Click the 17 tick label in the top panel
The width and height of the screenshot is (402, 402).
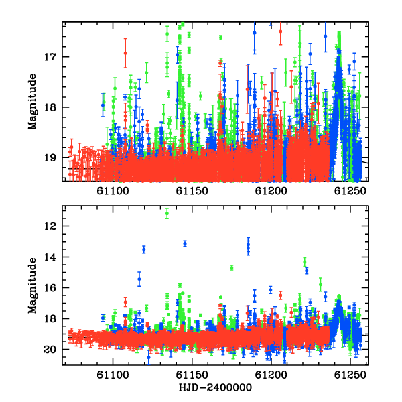[50, 57]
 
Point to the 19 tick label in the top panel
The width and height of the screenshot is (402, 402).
[50, 158]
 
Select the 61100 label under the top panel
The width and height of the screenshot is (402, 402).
[113, 191]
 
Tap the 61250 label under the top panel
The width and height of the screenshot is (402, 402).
[350, 191]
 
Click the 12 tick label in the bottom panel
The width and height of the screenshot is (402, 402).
[50, 226]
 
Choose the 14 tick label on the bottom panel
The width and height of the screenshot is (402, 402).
[50, 257]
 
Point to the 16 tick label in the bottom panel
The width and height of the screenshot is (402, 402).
[50, 288]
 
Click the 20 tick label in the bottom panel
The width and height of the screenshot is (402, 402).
[50, 350]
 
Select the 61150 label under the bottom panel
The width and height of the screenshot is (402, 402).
[192, 375]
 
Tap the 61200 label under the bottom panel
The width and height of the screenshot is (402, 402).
[271, 375]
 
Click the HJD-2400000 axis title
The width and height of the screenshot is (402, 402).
[215, 387]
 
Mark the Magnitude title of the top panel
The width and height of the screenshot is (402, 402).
[32, 102]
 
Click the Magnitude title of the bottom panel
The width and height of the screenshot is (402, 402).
[32, 285]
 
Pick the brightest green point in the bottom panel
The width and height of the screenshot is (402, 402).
[167, 213]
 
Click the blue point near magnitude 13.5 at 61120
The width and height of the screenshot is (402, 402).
[144, 249]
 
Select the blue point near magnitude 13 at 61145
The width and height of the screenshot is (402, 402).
[185, 244]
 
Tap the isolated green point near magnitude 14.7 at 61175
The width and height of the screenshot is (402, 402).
[232, 268]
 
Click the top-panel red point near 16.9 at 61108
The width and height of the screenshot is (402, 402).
[125, 53]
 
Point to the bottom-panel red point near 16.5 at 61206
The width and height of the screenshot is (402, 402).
[281, 295]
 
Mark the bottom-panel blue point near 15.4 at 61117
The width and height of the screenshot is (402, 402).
[139, 279]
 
